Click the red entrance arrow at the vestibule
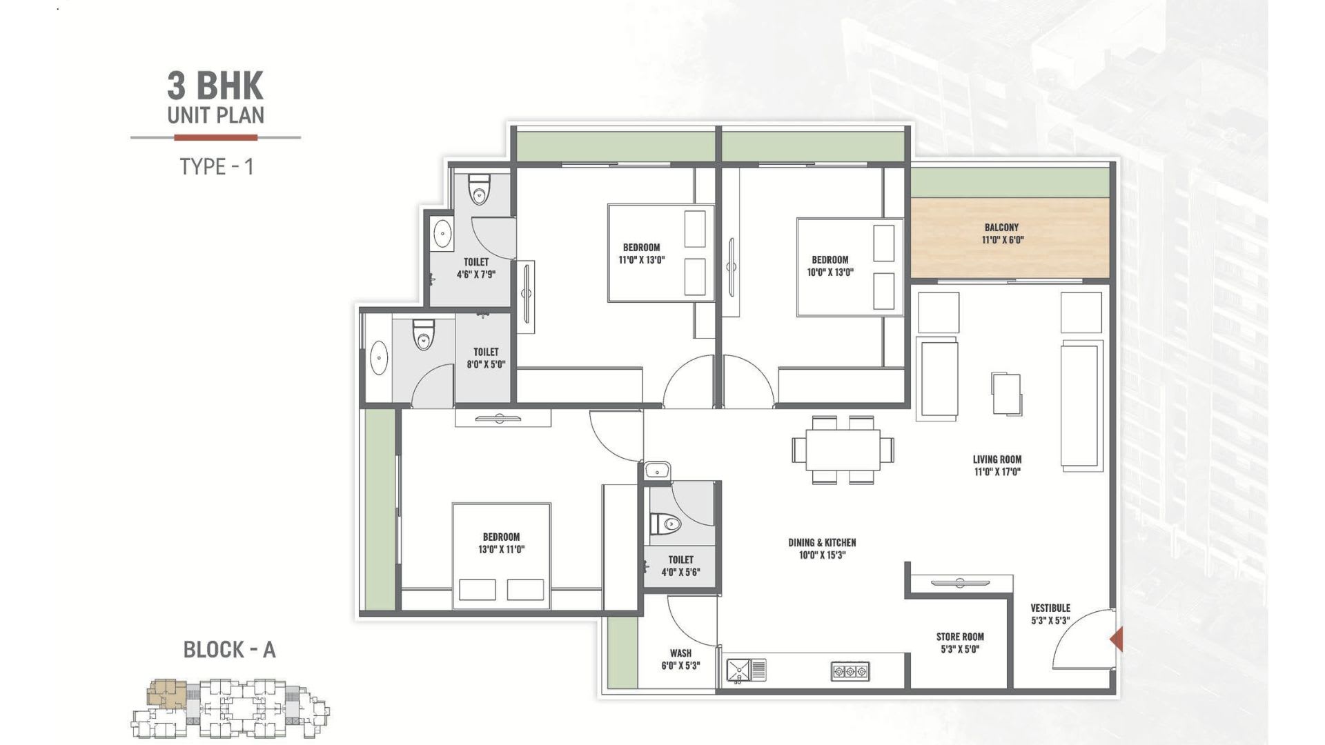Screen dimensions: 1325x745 pos(1117,639)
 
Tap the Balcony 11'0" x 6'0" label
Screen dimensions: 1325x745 pos(1002,233)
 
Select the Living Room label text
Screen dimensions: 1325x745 pos(997,459)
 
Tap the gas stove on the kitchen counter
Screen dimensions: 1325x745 pos(850,671)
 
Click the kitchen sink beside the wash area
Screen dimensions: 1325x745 pos(746,670)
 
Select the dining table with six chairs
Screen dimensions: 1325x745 pos(843,450)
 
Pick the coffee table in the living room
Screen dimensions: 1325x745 pos(1006,393)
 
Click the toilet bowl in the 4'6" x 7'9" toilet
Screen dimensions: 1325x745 pos(479,190)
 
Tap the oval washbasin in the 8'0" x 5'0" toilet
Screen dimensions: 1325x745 pos(379,359)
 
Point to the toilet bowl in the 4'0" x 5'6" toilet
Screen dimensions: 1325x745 pos(665,524)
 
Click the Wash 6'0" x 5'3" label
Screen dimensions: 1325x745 pos(680,659)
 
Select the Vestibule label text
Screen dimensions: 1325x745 pos(1050,608)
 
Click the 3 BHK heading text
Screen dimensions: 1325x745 pos(215,86)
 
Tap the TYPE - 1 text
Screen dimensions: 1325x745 pos(217,167)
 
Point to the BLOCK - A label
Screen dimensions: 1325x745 pos(229,650)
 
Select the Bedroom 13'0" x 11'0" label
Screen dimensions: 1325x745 pos(502,544)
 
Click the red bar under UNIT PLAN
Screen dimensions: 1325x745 pos(215,137)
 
